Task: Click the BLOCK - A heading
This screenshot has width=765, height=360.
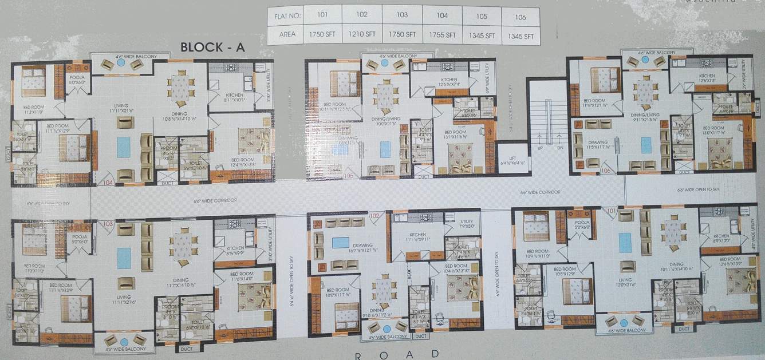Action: [212, 48]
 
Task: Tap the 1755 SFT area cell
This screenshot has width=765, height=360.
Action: [441, 35]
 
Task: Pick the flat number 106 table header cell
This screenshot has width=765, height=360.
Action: [520, 17]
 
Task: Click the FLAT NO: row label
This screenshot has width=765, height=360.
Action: [284, 16]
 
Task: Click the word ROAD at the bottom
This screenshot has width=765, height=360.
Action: [397, 355]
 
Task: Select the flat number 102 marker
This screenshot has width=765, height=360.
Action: [374, 216]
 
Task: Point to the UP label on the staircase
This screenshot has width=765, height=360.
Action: [539, 148]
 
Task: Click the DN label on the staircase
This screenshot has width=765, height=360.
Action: [559, 148]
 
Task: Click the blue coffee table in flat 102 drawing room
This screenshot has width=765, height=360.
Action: [341, 242]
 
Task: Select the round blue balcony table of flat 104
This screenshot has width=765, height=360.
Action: [121, 64]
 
